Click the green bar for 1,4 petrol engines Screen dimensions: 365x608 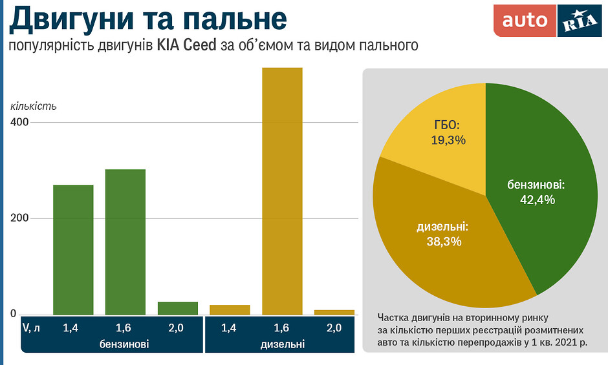(73, 249)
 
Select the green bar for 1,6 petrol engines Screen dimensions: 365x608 (125, 242)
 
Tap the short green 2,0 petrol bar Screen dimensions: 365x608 (178, 308)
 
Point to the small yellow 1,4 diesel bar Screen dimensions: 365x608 (230, 309)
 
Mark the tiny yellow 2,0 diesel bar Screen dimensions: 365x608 (334, 312)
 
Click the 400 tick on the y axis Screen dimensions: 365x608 (19, 122)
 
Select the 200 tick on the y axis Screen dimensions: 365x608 (19, 218)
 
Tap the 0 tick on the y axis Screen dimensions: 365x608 (13, 314)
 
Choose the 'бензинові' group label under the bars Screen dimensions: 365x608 (125, 344)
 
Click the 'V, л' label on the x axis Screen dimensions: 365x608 (32, 328)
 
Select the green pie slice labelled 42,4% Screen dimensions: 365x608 (543, 187)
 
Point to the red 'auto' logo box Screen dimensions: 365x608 (525, 21)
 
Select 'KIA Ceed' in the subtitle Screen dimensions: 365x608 (186, 47)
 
